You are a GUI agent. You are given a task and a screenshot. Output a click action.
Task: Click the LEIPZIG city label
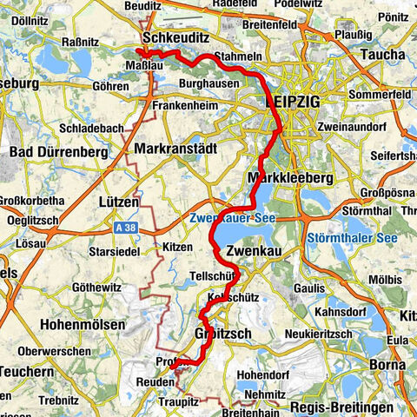click(291, 103)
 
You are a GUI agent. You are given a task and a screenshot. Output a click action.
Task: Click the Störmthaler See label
click(351, 237)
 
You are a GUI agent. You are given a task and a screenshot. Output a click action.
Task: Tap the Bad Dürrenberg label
click(56, 152)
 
